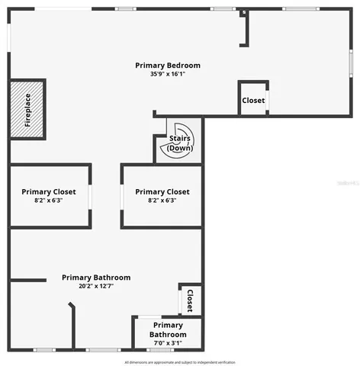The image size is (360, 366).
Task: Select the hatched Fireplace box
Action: pos(27,109)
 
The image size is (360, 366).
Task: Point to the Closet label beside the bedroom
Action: pos(253,101)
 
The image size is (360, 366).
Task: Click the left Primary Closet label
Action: pos(49,192)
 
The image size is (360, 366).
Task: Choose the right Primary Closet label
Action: pos(162,192)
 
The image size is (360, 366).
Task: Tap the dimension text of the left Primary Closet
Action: pos(49,201)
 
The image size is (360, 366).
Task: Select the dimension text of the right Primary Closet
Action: pos(162,201)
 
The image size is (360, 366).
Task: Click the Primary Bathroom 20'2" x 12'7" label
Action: pos(96,278)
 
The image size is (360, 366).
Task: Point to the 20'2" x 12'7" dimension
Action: pos(96,287)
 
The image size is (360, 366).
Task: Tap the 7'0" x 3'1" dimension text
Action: pos(167,343)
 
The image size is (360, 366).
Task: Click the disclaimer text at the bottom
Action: pos(180,361)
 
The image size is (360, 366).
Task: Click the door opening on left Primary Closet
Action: pos(91,196)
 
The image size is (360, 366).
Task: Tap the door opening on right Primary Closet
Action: pos(122,196)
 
